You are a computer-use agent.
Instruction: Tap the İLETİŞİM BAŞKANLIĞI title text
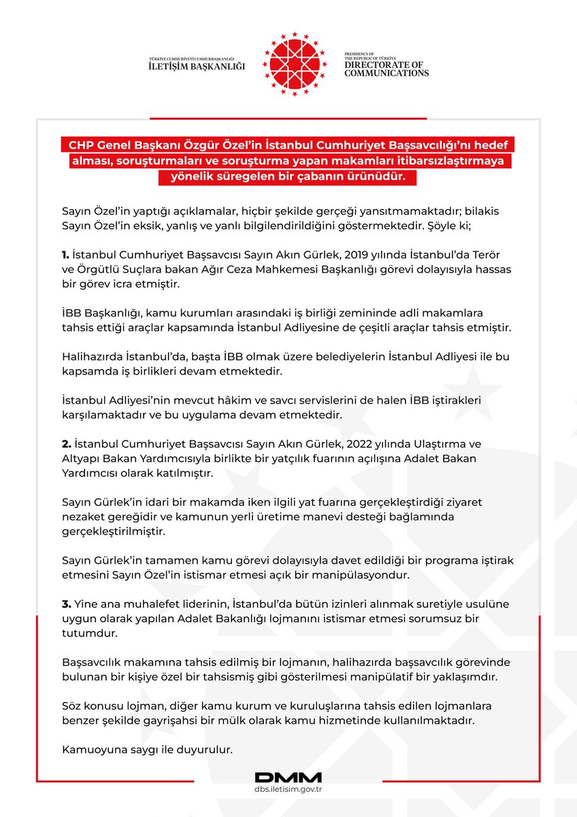coord(197,66)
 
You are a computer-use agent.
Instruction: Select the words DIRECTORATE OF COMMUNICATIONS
coord(386,69)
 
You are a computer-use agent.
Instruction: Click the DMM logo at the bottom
coord(288,777)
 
